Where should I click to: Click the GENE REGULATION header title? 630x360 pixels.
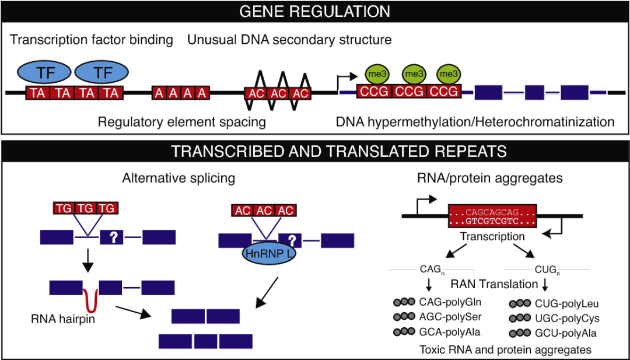pyautogui.click(x=315, y=11)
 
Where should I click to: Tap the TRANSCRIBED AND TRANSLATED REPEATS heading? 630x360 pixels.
pyautogui.click(x=315, y=152)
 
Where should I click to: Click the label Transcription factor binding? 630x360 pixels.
pyautogui.click(x=92, y=40)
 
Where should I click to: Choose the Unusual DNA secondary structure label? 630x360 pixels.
pyautogui.click(x=289, y=40)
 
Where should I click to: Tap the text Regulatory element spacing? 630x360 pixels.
pyautogui.click(x=182, y=122)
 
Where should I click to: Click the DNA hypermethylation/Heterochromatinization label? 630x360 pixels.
pyautogui.click(x=475, y=122)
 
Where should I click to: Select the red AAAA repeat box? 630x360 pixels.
pyautogui.click(x=181, y=93)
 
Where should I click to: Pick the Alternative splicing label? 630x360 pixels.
pyautogui.click(x=178, y=179)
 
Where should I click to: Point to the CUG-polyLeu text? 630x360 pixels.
pyautogui.click(x=566, y=303)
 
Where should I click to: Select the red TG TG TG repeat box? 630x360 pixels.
pyautogui.click(x=86, y=208)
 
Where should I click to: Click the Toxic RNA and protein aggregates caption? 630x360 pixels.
pyautogui.click(x=505, y=349)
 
